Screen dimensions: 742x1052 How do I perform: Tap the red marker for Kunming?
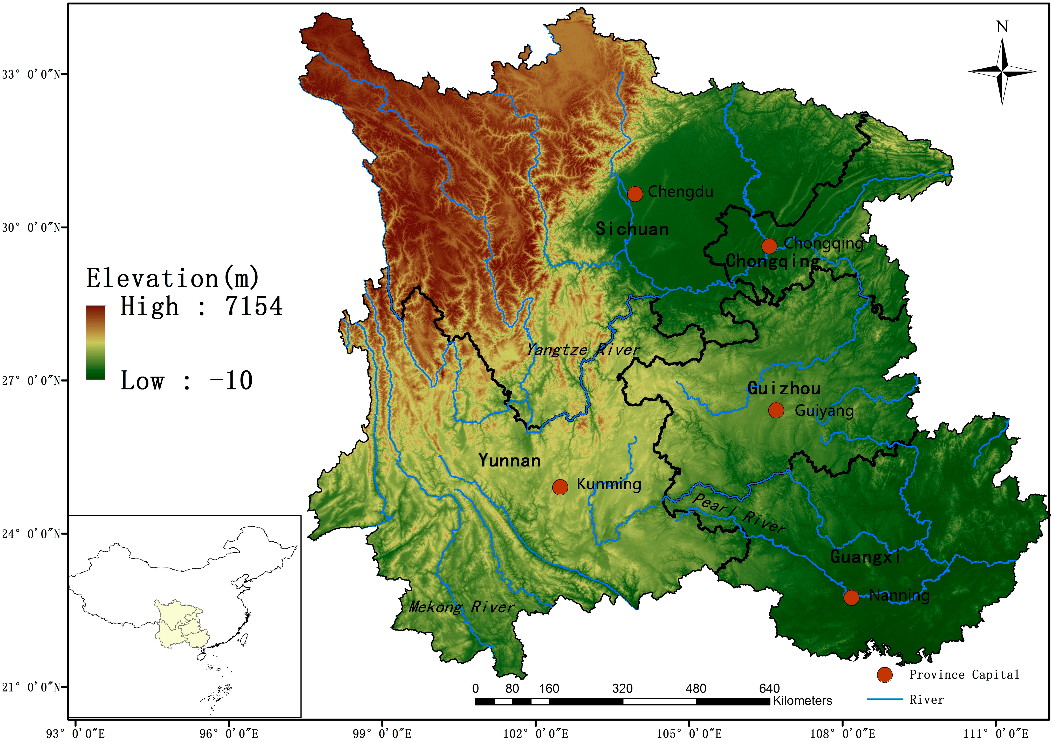pos(560,487)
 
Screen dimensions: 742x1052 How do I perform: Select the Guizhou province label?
pos(784,388)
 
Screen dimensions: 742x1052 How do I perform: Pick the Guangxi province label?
pos(865,557)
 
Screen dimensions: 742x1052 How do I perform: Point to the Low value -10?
pos(231,380)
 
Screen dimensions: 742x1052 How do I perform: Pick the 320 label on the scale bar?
pos(622,688)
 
